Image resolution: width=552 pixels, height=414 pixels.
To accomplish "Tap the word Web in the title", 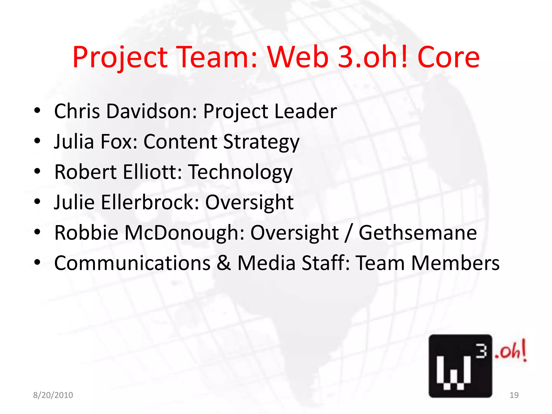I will click(x=298, y=57).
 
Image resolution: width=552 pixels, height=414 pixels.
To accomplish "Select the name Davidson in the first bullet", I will click(x=151, y=111).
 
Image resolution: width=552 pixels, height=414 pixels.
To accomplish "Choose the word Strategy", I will click(x=261, y=142).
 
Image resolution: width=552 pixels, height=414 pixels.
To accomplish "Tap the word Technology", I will click(x=240, y=172).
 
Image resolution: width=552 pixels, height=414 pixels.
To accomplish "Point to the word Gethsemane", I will click(x=418, y=233).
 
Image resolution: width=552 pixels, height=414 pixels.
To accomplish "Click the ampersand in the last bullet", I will click(x=224, y=263).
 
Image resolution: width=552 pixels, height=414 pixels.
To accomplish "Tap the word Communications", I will click(x=132, y=263).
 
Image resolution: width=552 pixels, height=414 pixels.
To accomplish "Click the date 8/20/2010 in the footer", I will click(x=53, y=395).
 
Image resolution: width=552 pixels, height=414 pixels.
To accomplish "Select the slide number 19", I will click(x=514, y=395).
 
